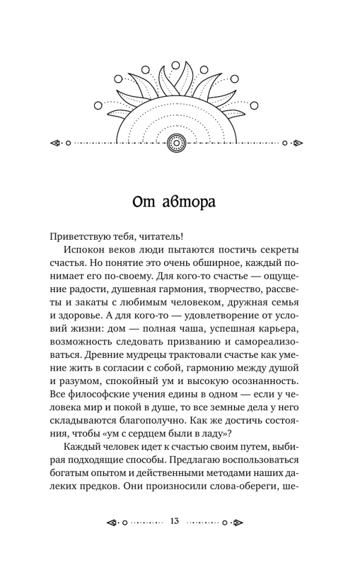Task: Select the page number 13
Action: pos(174,520)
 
